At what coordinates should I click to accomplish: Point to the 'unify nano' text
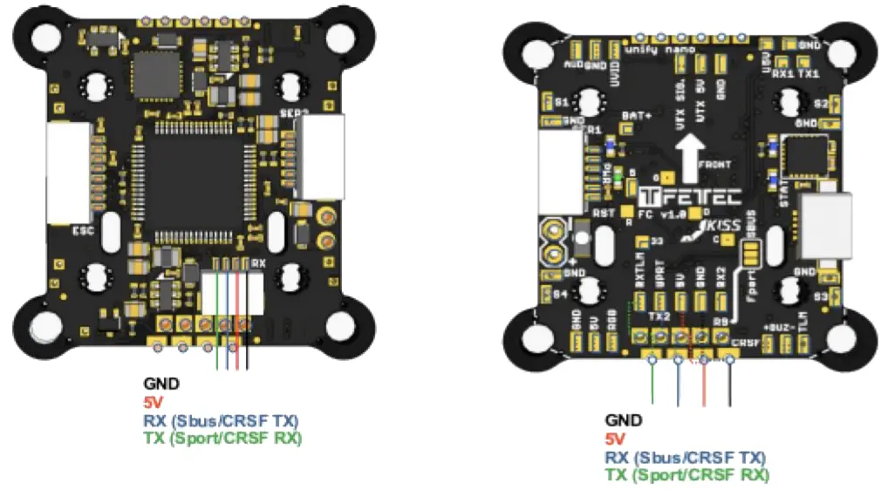689,51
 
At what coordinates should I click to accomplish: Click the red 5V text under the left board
154,402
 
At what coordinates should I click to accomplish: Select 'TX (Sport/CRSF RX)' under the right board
687,476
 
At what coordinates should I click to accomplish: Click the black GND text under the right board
623,419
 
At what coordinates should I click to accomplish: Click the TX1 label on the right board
809,75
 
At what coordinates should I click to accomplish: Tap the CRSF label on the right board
747,343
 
